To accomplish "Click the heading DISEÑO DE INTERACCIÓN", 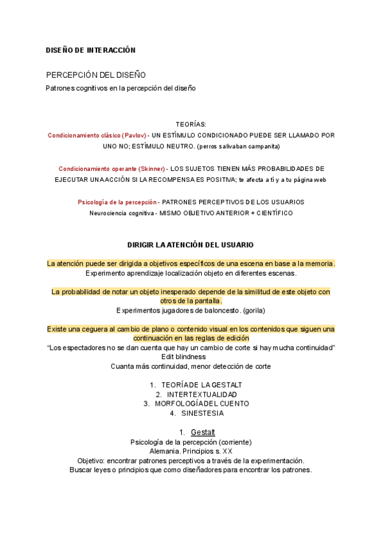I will coord(91,50).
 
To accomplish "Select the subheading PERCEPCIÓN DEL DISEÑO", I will coord(96,75).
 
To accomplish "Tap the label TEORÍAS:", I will coord(191,124).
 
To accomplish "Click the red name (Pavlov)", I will coord(133,135).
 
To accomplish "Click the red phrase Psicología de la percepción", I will coord(117,202).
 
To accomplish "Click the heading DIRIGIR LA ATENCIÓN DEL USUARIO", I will coord(191,244).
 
